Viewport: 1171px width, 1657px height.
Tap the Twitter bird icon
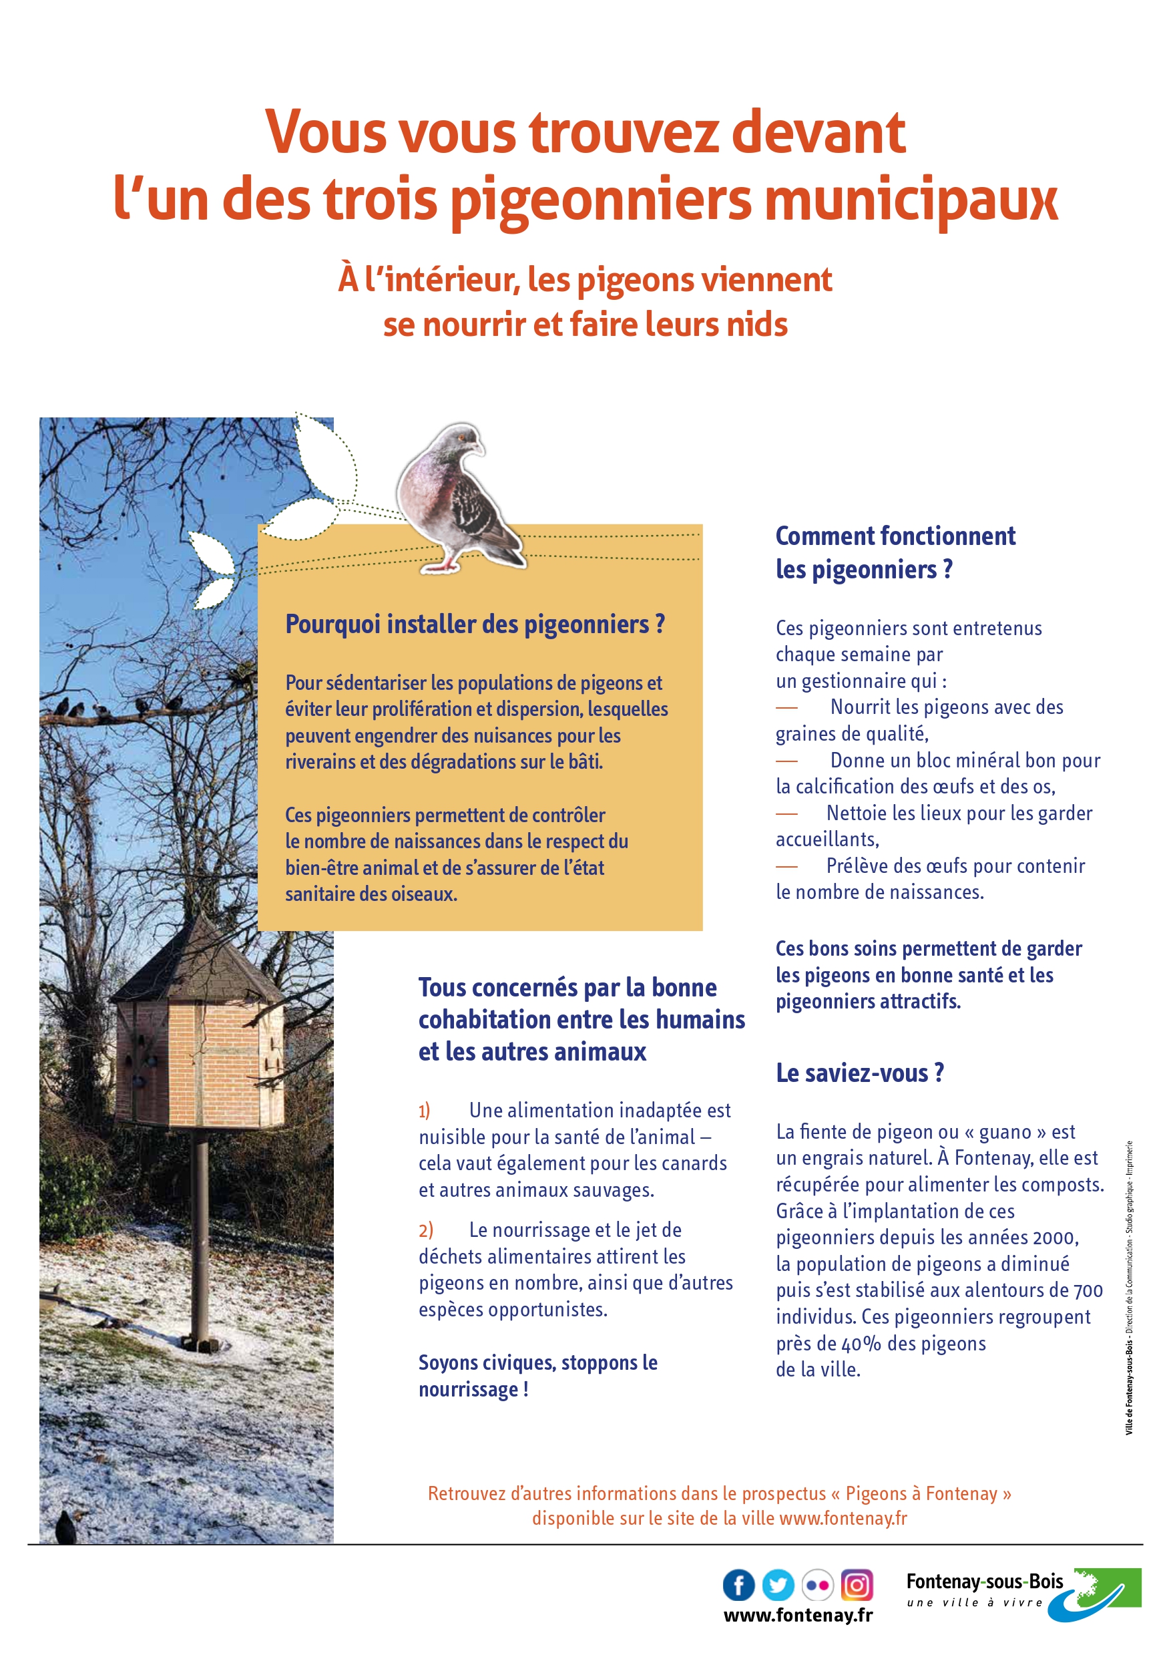point(778,1586)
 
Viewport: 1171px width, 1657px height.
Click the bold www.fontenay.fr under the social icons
point(798,1615)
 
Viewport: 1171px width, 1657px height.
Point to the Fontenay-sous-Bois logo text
point(984,1582)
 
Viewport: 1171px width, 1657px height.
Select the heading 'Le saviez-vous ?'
point(859,1073)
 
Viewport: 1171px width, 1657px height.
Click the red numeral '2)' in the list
point(426,1230)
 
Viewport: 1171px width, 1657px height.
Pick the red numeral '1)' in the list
point(424,1111)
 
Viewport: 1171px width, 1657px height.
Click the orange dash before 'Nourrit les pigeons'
point(786,708)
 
